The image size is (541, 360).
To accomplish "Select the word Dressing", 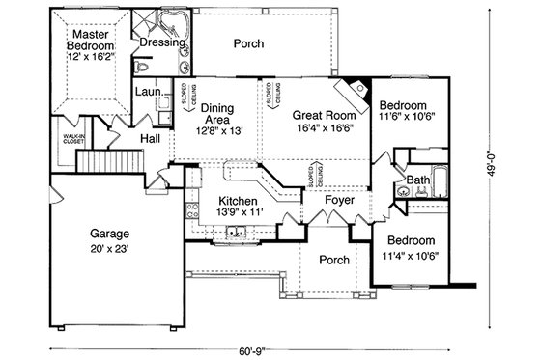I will [163, 44].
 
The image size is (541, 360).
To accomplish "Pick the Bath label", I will [418, 180].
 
